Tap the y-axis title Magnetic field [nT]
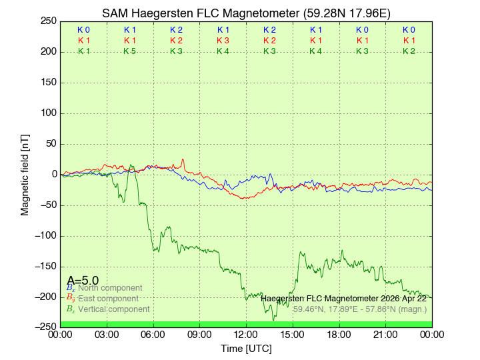[25, 174]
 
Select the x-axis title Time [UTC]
[246, 348]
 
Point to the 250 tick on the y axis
[48, 21]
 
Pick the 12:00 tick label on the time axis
[246, 334]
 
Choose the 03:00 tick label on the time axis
[107, 334]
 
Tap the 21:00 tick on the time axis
[385, 334]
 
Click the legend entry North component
[110, 288]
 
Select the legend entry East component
[108, 299]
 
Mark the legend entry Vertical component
[113, 309]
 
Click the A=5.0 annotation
[83, 281]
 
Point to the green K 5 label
[130, 51]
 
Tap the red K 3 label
[223, 41]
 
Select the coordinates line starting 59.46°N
[360, 309]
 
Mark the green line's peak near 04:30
[131, 166]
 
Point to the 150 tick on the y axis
[48, 82]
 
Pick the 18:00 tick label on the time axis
[339, 334]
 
